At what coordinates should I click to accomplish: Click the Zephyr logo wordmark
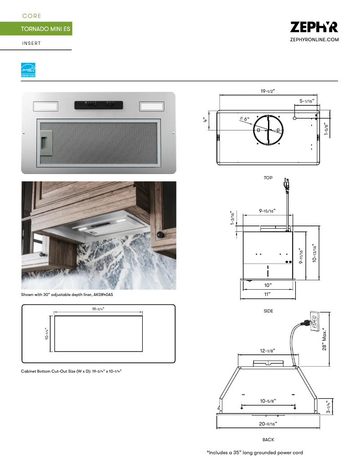pyautogui.click(x=314, y=27)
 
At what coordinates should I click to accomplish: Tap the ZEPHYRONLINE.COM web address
pyautogui.click(x=314, y=40)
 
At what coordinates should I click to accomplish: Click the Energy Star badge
pyautogui.click(x=28, y=70)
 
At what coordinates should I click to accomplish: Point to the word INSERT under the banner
pyautogui.click(x=31, y=43)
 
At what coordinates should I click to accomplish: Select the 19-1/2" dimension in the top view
pyautogui.click(x=268, y=91)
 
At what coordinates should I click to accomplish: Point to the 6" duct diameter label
pyautogui.click(x=245, y=119)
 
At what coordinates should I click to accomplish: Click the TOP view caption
pyautogui.click(x=268, y=178)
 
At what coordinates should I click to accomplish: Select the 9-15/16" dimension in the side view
pyautogui.click(x=267, y=210)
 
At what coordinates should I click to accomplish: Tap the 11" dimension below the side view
pyautogui.click(x=268, y=294)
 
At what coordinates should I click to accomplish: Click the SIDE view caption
pyautogui.click(x=268, y=311)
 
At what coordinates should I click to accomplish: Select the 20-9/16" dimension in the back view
pyautogui.click(x=268, y=423)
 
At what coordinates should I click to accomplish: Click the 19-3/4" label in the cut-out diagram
pyautogui.click(x=98, y=309)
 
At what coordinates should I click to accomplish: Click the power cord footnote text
pyautogui.click(x=255, y=452)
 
